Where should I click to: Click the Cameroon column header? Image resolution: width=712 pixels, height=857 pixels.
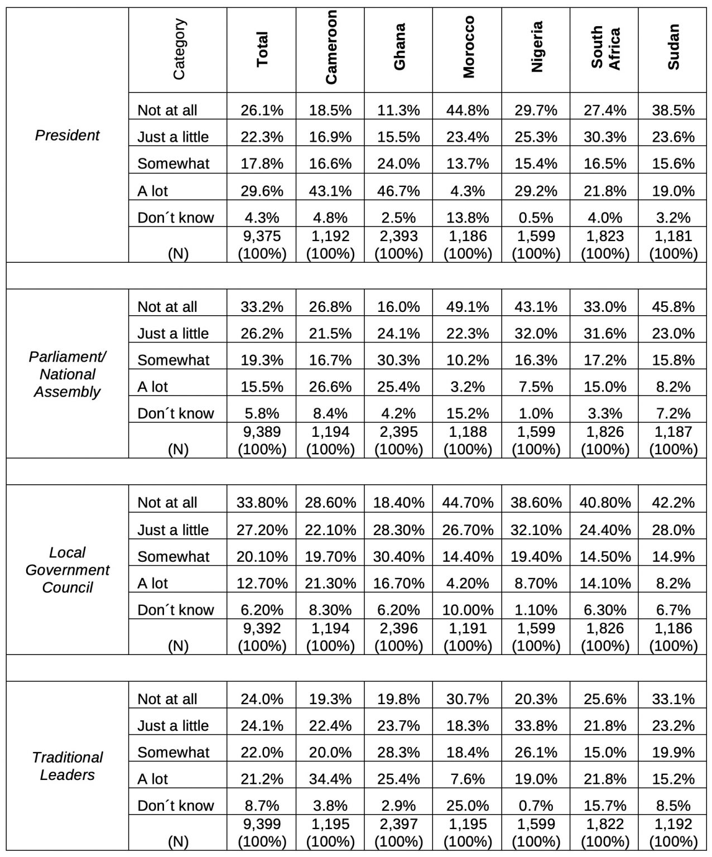coord(330,47)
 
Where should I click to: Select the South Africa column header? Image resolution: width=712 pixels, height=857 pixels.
coord(605,47)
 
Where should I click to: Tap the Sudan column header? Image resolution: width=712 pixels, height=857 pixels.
coord(673,47)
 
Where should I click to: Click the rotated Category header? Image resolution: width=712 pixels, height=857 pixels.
coord(179,49)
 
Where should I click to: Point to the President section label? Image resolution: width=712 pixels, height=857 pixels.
coord(68,135)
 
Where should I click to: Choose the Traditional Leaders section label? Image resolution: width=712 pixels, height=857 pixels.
coord(68,766)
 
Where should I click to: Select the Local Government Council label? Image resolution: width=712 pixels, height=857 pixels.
coord(68,570)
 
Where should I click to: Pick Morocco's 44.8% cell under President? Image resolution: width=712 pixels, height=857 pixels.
coord(468,110)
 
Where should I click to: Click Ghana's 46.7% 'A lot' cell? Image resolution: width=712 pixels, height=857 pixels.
coord(399,191)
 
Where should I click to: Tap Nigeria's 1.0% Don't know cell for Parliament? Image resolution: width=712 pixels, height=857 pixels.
coord(536,413)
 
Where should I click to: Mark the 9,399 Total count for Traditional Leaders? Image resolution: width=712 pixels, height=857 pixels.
coord(262,824)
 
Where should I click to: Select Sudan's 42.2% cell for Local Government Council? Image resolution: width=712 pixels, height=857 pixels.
coord(673,502)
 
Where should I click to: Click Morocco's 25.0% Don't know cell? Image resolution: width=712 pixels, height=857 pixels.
coord(468,805)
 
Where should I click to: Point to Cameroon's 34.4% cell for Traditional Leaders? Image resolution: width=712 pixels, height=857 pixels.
coord(330,778)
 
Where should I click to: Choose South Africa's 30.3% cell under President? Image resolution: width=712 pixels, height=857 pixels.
coord(605,137)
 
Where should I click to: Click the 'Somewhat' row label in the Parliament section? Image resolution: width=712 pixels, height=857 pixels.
coord(174,360)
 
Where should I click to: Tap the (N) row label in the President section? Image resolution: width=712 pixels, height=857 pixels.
coord(178,254)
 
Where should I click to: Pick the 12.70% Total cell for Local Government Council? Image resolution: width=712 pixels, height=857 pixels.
coord(262,583)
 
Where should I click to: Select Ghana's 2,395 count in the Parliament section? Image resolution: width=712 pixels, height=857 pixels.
coord(399,431)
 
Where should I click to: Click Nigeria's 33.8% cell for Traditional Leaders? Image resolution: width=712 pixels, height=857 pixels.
coord(536,725)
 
